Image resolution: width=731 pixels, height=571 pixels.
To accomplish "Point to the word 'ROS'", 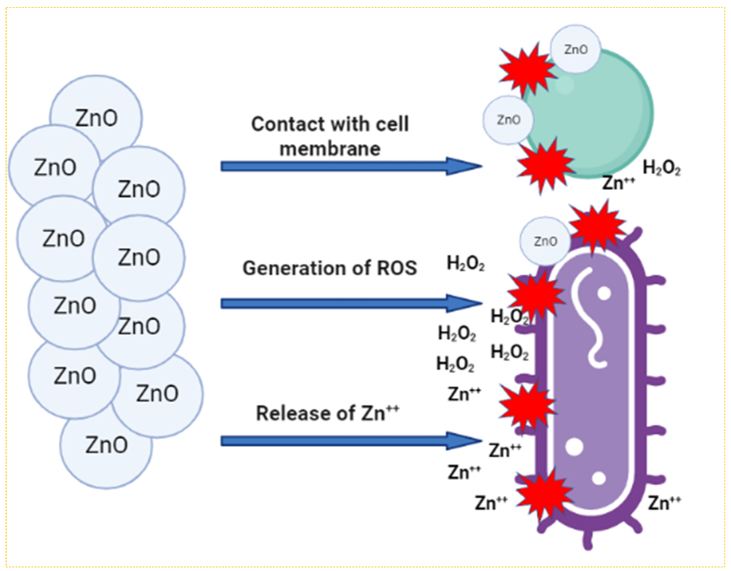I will click(x=397, y=268).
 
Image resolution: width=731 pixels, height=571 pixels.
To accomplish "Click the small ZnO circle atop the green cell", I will click(x=576, y=49).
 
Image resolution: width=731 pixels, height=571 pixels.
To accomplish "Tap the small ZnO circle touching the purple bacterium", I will click(x=545, y=241).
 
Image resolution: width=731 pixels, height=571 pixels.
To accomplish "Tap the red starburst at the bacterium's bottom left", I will click(x=544, y=494).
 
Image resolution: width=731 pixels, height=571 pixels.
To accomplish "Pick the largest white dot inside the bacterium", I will click(x=574, y=447).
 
